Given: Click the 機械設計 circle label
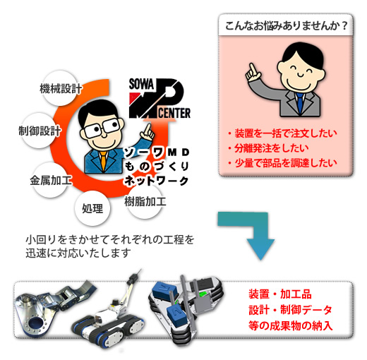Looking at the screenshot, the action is [61, 88].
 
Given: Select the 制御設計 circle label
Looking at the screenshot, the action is [40, 131].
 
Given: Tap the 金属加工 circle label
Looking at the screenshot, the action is [51, 180].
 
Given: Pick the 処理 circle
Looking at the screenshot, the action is [92, 208].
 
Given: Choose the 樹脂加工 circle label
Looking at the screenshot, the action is [145, 201].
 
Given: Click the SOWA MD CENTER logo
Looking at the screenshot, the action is [160, 98].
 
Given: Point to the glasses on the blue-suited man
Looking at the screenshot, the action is [102, 128].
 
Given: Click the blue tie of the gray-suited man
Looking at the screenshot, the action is [300, 103].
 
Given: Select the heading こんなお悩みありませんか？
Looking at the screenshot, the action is [286, 25].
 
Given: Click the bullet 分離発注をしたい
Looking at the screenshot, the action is [268, 148].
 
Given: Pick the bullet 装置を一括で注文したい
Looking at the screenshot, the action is [282, 133].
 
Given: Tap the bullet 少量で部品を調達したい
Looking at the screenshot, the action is [282, 163].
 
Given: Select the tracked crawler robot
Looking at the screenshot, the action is [109, 313].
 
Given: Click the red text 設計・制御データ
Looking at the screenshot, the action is [290, 310].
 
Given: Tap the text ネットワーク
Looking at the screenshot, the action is [157, 181].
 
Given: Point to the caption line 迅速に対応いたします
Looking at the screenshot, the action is [78, 253].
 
